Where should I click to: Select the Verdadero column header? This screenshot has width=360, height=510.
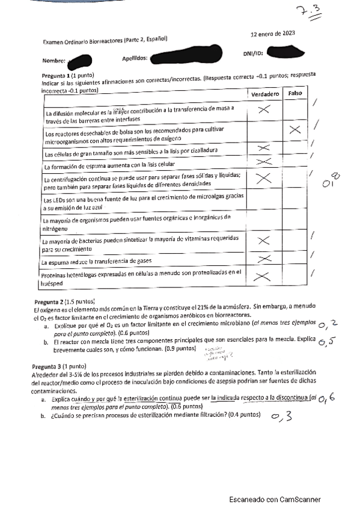click(264, 94)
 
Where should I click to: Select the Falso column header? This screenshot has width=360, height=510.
click(294, 94)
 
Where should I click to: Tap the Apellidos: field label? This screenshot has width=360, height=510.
click(135, 59)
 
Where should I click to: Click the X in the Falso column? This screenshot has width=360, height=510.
click(294, 130)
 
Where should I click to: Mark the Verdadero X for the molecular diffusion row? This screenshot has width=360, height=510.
click(263, 109)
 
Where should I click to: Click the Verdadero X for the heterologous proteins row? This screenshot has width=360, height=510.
click(263, 277)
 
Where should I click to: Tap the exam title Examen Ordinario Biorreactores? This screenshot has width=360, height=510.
click(105, 41)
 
